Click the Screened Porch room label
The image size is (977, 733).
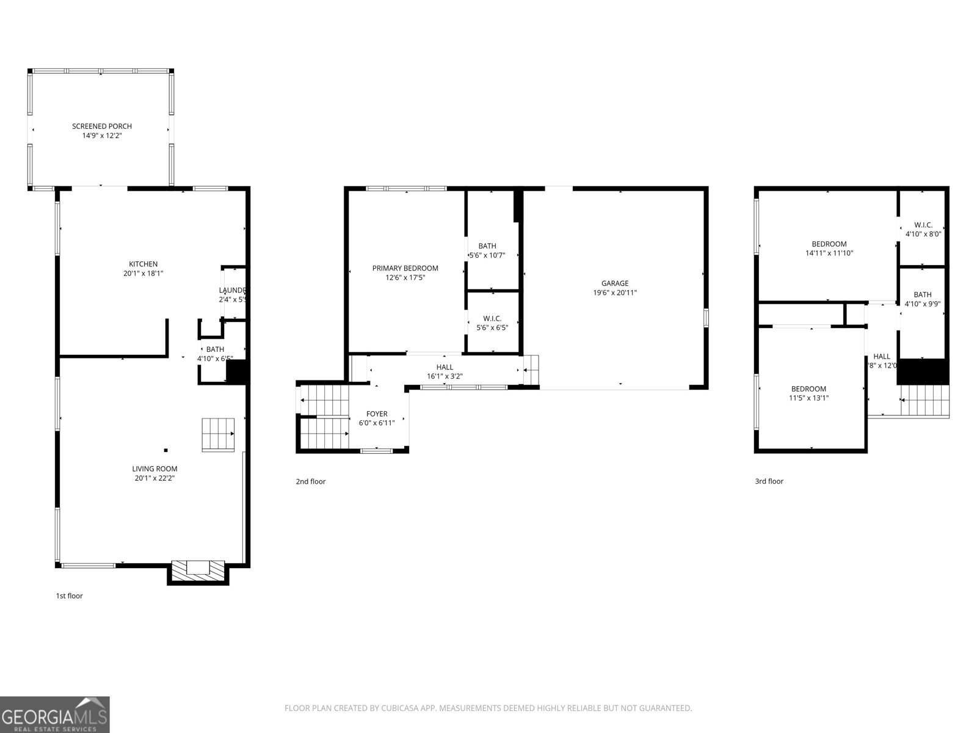(102, 126)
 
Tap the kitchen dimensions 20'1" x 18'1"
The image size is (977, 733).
(143, 274)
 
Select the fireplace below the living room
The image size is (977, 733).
(198, 570)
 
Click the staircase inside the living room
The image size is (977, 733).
(219, 434)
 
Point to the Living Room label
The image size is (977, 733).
(154, 469)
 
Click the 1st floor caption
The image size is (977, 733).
(69, 596)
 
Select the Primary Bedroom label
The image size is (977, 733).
(405, 268)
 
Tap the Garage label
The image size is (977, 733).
(615, 283)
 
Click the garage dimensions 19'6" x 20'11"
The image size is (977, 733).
(615, 293)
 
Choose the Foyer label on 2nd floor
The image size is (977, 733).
(377, 414)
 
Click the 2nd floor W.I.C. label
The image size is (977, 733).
(492, 319)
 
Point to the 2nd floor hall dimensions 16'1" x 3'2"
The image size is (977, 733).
(445, 376)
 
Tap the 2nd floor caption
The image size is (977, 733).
(311, 481)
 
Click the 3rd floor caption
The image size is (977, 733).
(769, 481)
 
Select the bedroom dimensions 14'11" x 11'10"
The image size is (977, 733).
(829, 253)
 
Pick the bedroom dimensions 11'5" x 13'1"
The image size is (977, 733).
(808, 398)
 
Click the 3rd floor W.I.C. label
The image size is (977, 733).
(923, 225)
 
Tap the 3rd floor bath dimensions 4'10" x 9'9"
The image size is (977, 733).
(923, 304)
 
